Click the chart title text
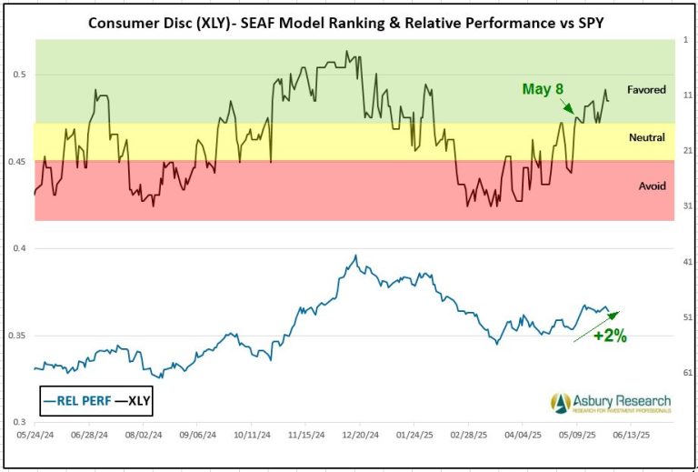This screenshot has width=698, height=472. point(345,21)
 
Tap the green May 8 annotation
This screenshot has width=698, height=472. point(543,89)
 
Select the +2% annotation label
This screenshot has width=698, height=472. point(610,335)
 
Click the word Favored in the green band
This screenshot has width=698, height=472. point(646,90)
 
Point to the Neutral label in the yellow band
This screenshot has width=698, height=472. point(647,137)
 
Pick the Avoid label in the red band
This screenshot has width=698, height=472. point(652,186)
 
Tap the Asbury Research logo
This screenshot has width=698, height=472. point(610,402)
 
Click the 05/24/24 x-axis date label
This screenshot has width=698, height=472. point(35,435)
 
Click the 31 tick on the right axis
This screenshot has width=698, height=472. point(687,206)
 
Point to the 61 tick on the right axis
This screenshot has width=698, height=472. point(687,372)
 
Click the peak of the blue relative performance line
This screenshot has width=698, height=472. point(355,256)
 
